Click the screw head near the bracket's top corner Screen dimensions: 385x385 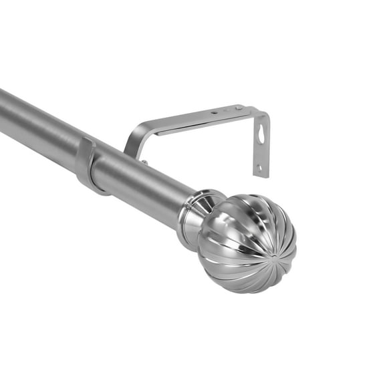(237, 108)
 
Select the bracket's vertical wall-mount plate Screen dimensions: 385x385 (261, 144)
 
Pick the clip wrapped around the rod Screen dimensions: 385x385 (87, 164)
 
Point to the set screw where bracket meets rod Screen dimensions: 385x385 (144, 162)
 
